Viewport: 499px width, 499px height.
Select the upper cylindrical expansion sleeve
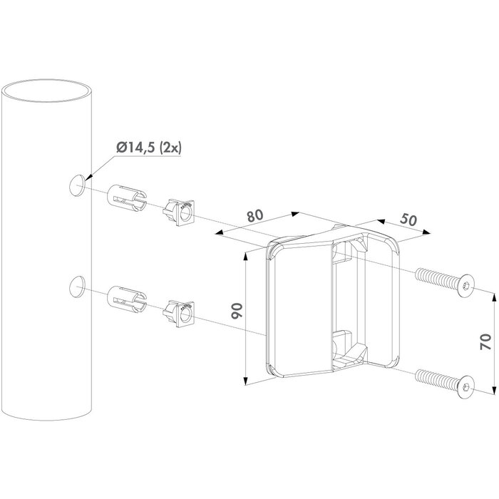(126, 197)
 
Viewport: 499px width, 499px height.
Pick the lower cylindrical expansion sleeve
(126, 299)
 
